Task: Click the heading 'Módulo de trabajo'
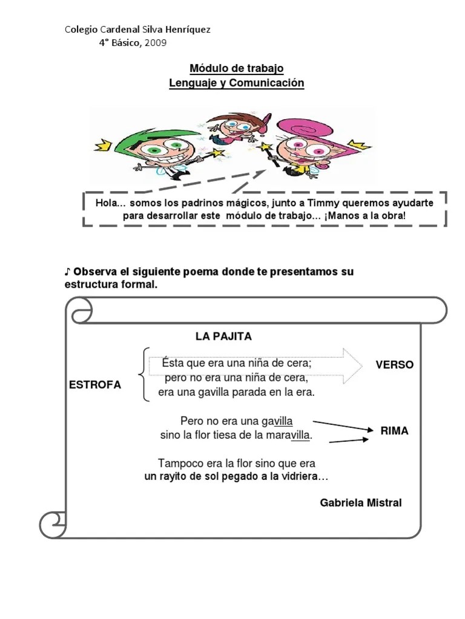237,68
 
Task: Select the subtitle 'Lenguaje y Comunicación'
237,83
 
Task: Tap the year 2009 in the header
156,42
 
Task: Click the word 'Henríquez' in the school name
184,30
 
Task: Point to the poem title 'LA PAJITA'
223,336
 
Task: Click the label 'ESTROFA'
94,384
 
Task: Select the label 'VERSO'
394,365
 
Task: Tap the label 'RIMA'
394,431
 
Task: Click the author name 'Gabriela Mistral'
361,503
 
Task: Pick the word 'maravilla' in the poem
289,435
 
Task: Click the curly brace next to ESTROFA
142,375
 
